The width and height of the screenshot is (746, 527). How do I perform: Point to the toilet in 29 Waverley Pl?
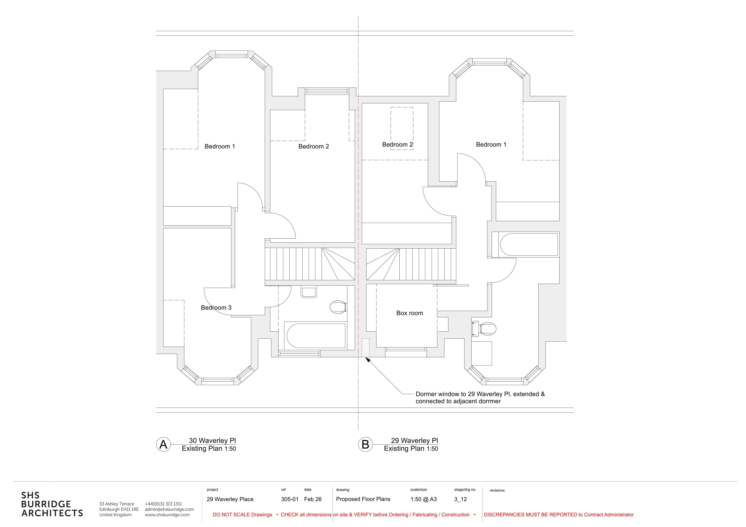click(x=484, y=329)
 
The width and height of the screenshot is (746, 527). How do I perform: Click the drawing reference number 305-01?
click(x=290, y=499)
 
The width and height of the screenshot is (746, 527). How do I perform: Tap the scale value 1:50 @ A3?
click(x=423, y=499)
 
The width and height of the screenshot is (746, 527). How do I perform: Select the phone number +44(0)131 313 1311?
click(x=163, y=504)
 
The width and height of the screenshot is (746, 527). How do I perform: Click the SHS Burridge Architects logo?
click(x=52, y=504)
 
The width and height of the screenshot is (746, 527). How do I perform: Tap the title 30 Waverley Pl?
click(x=213, y=441)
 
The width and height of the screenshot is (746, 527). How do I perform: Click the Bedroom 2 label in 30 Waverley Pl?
click(x=314, y=146)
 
